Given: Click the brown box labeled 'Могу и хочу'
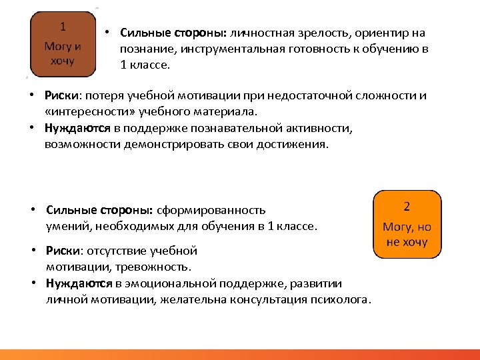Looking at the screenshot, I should (x=63, y=43).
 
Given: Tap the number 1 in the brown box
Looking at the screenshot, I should (x=63, y=27).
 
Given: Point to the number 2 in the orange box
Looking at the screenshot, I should (x=407, y=207).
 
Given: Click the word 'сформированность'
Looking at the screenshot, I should (x=211, y=210).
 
